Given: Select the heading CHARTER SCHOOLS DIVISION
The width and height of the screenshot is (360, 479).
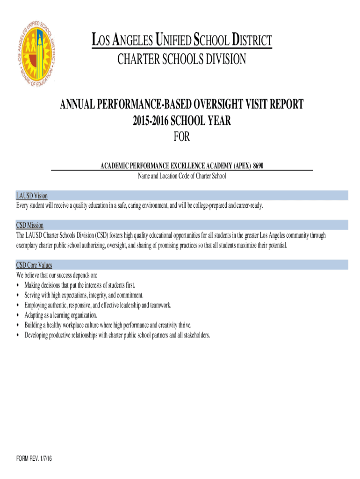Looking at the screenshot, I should point(181,59).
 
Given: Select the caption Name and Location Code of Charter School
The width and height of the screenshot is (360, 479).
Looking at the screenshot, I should point(181,176).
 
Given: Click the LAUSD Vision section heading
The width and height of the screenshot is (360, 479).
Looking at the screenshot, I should point(32,196).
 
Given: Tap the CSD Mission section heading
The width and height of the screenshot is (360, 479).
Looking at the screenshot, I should point(30,225).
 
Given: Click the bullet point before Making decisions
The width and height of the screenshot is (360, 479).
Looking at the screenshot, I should point(18,285).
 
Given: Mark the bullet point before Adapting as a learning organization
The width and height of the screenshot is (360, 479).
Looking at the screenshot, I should point(18,315).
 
